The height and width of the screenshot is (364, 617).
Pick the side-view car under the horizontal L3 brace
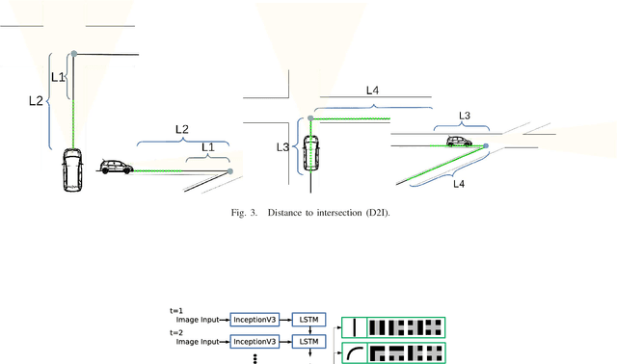pyautogui.click(x=464, y=142)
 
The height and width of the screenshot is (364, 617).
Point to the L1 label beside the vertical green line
pyautogui.click(x=58, y=76)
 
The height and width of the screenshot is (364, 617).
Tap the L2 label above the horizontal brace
pyautogui.click(x=181, y=128)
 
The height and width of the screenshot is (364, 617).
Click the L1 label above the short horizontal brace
pyautogui.click(x=207, y=146)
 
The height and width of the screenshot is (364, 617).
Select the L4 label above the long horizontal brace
pyautogui.click(x=374, y=90)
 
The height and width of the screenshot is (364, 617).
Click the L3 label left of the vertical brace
pyautogui.click(x=282, y=147)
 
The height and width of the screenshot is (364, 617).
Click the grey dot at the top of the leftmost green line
pyautogui.click(x=73, y=53)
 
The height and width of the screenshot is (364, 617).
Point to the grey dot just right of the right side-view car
pyautogui.click(x=486, y=146)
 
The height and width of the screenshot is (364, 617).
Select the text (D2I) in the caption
pyautogui.click(x=377, y=213)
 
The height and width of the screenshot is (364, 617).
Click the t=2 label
pyautogui.click(x=175, y=331)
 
